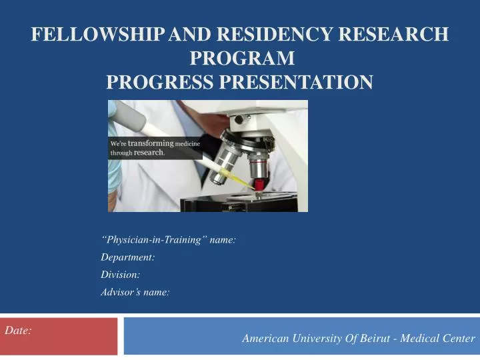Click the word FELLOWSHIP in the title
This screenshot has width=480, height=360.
93,35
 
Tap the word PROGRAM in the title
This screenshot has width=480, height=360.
242,59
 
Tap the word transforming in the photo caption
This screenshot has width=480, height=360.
151,143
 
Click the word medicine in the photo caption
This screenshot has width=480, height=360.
187,143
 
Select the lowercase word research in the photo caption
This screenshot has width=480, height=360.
149,152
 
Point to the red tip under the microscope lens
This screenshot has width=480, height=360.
259,183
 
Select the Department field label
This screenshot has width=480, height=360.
128,257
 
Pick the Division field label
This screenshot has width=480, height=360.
121,275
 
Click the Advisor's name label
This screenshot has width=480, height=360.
135,292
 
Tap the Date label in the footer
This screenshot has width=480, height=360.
18,330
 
